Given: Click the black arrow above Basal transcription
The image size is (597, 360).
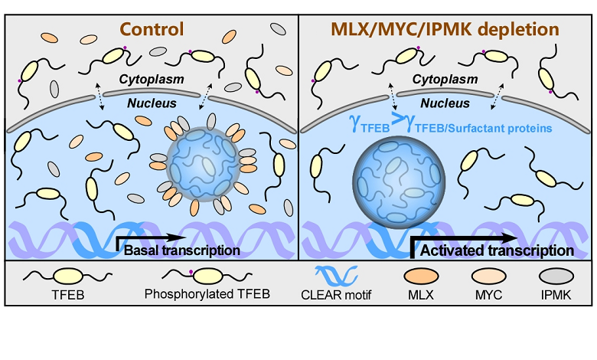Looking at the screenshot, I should point(150,237).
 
